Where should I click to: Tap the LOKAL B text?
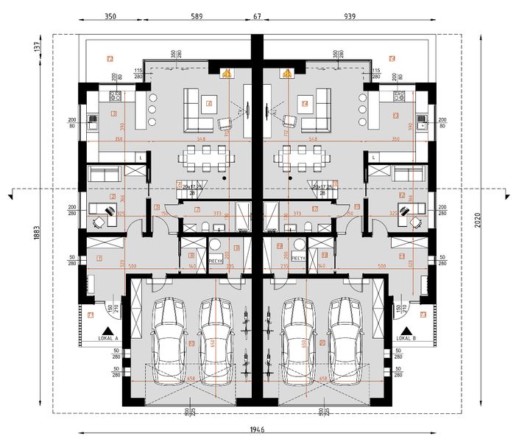[x=406, y=339]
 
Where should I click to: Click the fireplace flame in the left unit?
[x=227, y=73]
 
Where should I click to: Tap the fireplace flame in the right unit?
[x=284, y=73]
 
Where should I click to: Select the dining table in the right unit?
[x=301, y=156]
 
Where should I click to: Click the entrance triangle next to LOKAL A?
[x=107, y=330]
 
